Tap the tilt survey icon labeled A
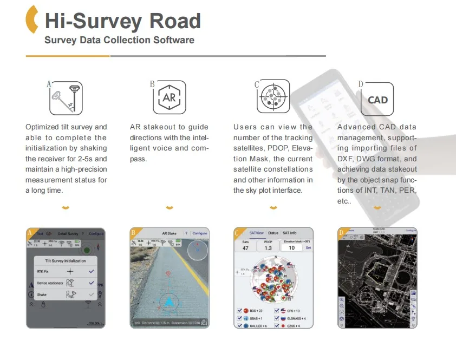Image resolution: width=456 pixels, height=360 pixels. (66, 98)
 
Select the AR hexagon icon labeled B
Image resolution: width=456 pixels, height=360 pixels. (169, 98)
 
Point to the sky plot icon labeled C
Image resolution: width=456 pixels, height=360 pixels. (273, 98)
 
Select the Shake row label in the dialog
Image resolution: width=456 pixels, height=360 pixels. (42, 294)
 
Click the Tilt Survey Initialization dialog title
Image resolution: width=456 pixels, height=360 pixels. (66, 260)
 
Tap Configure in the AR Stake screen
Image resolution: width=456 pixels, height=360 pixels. (200, 233)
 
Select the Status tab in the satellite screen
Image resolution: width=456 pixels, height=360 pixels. (273, 233)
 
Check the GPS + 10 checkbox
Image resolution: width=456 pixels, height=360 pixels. (277, 311)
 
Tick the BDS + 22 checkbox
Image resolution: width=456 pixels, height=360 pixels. (239, 311)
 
